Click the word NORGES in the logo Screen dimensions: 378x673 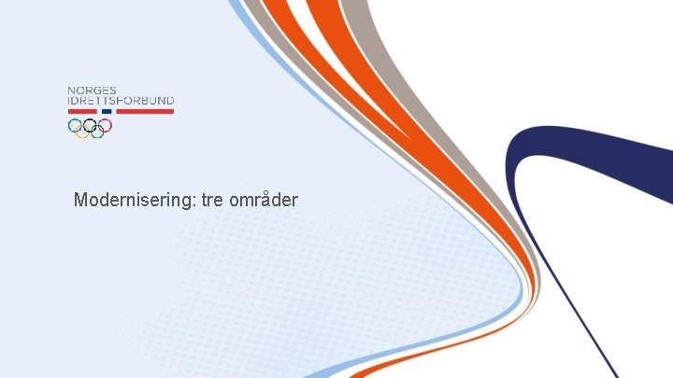tap(92, 91)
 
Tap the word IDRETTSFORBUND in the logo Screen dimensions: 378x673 tap(121, 101)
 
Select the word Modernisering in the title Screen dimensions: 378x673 tap(134, 200)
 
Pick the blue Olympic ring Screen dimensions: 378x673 tap(75, 125)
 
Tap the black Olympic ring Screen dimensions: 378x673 tap(90, 125)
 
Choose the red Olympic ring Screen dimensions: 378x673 tap(105, 125)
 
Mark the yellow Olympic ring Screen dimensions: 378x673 tap(82, 133)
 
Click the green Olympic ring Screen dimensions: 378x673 tap(97, 133)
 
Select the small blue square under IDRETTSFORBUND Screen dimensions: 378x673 tap(107, 111)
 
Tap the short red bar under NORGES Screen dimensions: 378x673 tap(82, 111)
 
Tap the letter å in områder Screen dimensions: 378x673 tap(259, 200)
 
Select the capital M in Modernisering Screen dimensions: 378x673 tap(81, 200)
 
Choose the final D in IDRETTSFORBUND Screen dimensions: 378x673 tap(169, 101)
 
